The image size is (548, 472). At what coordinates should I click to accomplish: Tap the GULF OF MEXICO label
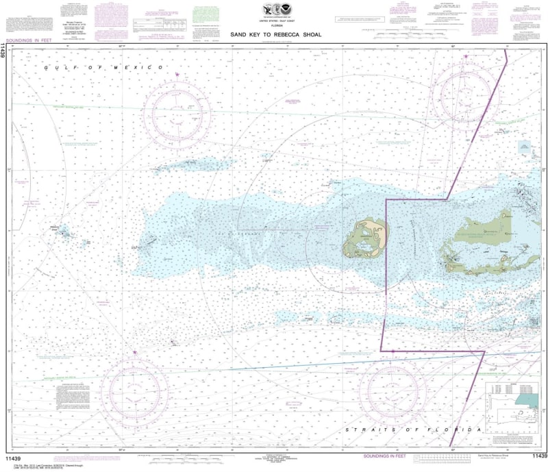point(103,67)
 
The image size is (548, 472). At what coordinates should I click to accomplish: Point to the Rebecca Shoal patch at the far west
point(64,234)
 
